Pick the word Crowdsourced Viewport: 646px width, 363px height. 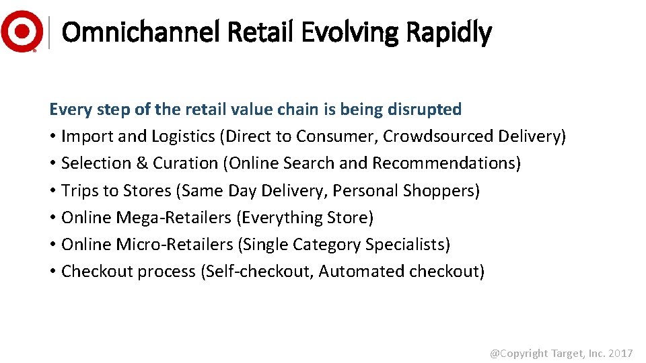pyautogui.click(x=438, y=136)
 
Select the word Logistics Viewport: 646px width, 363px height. pyautogui.click(x=181, y=136)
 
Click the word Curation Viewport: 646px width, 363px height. pyautogui.click(x=186, y=163)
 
